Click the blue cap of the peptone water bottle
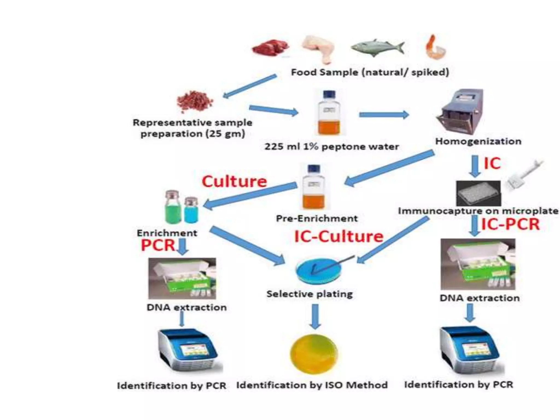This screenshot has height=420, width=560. tap(329, 94)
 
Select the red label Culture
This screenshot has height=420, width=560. tap(234, 181)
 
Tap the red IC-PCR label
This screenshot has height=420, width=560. tap(510, 224)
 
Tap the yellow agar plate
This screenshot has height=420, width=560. tap(314, 354)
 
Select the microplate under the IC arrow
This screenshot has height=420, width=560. tap(478, 194)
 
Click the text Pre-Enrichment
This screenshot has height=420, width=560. tap(317, 218)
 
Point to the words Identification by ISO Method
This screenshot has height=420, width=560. tap(312, 385)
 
